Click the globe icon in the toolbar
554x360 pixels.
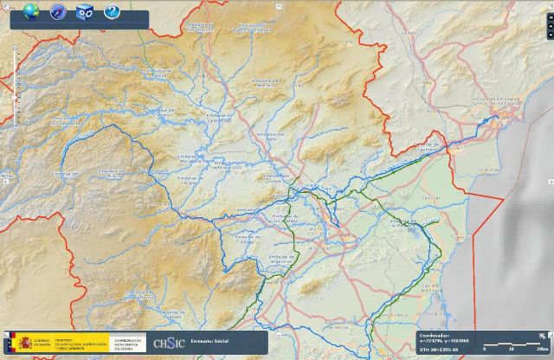click(x=32, y=11)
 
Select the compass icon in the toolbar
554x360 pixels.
click(x=58, y=11)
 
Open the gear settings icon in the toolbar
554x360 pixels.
click(x=84, y=11)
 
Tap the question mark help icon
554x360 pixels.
click(x=111, y=11)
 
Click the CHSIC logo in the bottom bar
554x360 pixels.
click(x=168, y=343)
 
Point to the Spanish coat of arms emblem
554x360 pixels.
click(x=12, y=344)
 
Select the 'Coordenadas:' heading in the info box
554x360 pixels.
click(x=435, y=335)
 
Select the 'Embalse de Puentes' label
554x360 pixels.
click(x=174, y=313)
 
